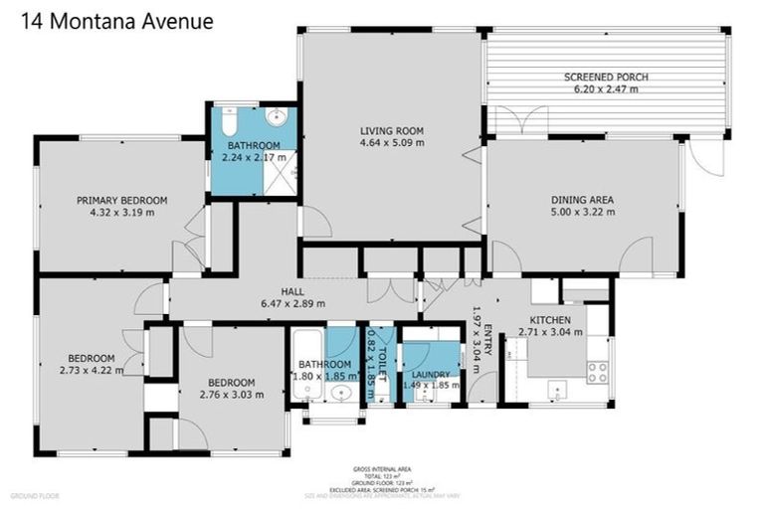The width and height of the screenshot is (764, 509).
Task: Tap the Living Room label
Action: [392, 130]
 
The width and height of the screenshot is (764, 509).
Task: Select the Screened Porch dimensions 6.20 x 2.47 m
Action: [605, 89]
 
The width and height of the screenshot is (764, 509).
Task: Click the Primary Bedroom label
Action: [122, 200]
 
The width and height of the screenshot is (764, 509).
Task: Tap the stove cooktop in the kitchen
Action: [598, 372]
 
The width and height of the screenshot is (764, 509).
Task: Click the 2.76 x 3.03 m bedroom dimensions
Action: [231, 394]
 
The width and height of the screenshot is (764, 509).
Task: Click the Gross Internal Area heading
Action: [382, 468]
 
